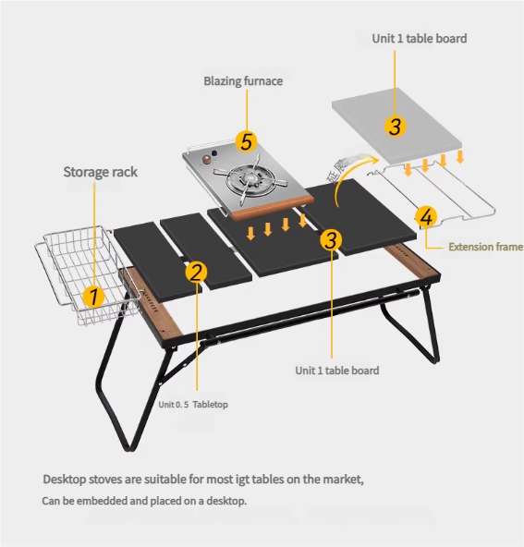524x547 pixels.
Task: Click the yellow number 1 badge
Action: pos(93,297)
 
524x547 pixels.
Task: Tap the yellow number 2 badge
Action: pos(197,272)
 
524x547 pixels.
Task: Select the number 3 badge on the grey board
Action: pos(396,126)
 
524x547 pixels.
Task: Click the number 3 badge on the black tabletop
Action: pos(331,240)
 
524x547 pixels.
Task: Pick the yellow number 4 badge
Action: pos(426,217)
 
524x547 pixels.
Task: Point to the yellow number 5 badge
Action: pos(247,141)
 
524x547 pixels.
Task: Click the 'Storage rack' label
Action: pos(100,172)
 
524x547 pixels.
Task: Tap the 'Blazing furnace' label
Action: pos(243,81)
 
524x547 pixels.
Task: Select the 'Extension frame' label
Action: pos(485,247)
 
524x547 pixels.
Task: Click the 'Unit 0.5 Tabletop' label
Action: pos(193,405)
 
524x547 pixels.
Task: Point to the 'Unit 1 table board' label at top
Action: pos(420,38)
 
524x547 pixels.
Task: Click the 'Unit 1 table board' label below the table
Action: pos(337,371)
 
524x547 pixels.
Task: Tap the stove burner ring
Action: pos(248,180)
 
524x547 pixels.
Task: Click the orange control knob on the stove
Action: pos(206,160)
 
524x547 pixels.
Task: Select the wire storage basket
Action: pos(88,273)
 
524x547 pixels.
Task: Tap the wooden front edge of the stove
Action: pos(273,209)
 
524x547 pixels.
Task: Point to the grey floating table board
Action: pos(396,126)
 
